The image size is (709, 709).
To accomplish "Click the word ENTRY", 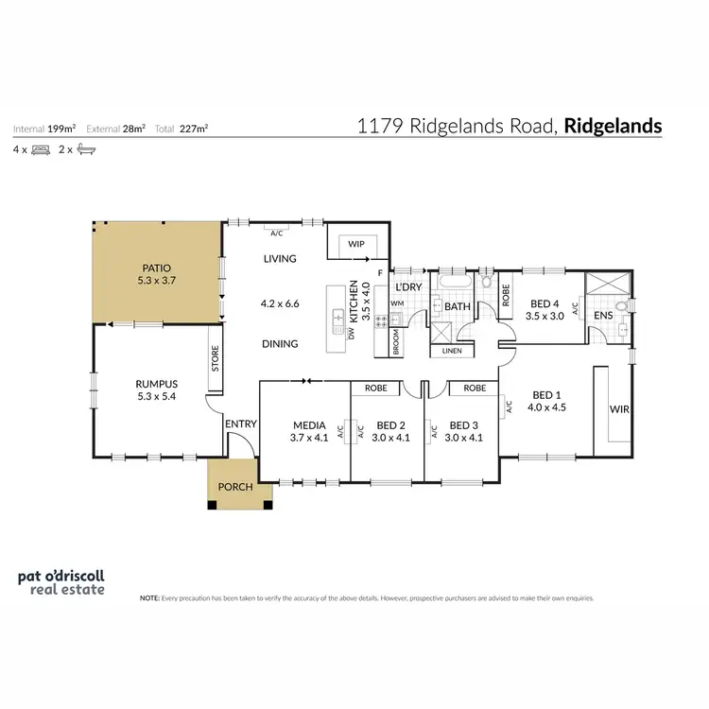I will click(240, 424).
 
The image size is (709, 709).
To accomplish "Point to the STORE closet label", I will click(216, 358).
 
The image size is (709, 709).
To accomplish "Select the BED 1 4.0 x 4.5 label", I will click(548, 401).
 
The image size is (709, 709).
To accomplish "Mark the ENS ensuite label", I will click(602, 315).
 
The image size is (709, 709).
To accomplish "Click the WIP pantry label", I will click(356, 244).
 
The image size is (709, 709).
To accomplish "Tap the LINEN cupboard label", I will click(451, 352).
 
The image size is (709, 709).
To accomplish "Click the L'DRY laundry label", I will click(407, 286).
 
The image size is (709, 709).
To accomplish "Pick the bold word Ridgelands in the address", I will click(614, 126).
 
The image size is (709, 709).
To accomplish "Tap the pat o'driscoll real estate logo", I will click(62, 581).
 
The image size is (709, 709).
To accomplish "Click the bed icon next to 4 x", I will click(40, 149).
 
